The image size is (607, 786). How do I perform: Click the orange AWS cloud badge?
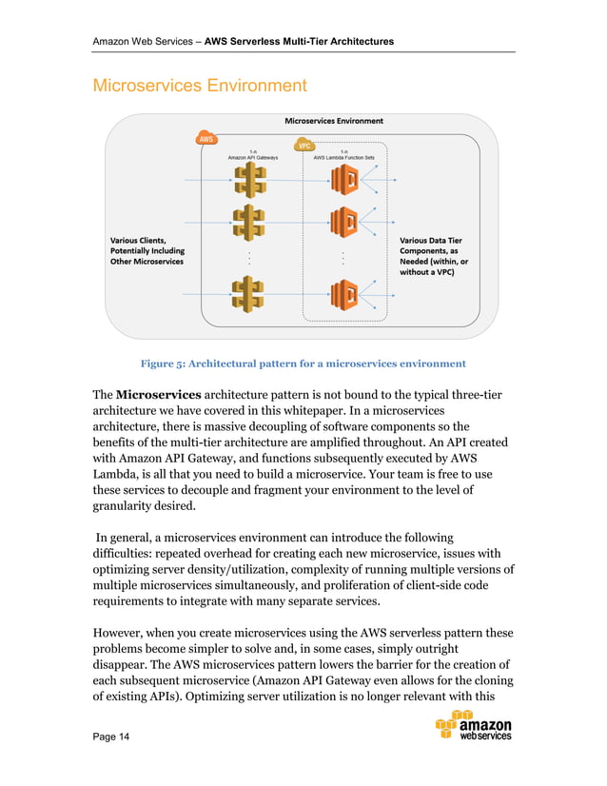click(x=206, y=138)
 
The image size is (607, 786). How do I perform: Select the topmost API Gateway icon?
click(x=248, y=178)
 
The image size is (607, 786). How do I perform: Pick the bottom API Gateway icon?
click(x=248, y=294)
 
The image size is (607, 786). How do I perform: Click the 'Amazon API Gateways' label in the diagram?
click(x=251, y=157)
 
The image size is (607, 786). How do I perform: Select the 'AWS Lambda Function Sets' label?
click(x=343, y=157)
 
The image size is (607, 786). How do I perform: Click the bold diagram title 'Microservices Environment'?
click(x=334, y=121)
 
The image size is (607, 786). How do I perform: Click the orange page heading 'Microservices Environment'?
click(x=199, y=86)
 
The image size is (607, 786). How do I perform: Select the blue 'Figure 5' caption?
click(x=303, y=364)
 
